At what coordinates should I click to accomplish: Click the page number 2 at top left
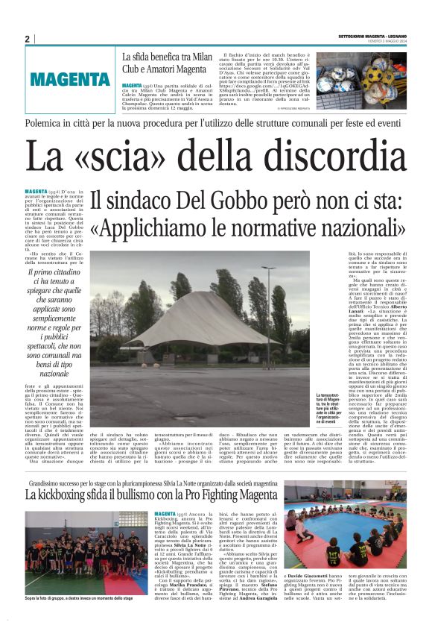coord(28,39)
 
